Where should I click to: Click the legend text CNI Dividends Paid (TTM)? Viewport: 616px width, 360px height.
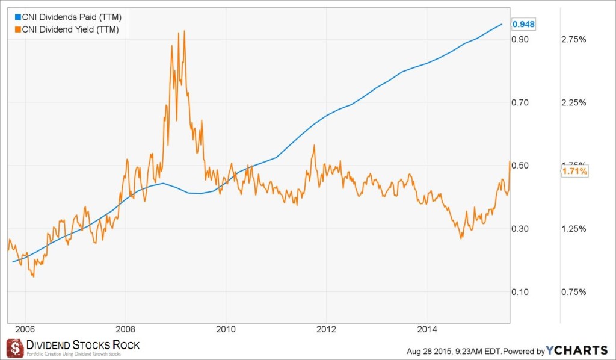pos(72,17)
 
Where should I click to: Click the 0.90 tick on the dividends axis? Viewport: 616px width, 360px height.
pos(520,39)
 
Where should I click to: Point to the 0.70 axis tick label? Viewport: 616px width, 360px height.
pos(520,102)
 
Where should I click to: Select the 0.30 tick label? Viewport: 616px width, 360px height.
pos(520,229)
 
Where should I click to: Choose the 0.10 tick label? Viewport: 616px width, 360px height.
pos(520,292)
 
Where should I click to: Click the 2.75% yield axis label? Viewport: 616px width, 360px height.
pos(573,39)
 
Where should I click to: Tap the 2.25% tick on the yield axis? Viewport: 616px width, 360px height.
pos(573,102)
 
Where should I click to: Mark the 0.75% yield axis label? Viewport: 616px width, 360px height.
pos(573,292)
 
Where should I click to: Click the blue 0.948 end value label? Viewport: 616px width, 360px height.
pos(522,24)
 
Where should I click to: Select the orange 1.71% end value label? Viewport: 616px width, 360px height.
pos(575,172)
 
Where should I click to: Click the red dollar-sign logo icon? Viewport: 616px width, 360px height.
pos(16,348)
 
